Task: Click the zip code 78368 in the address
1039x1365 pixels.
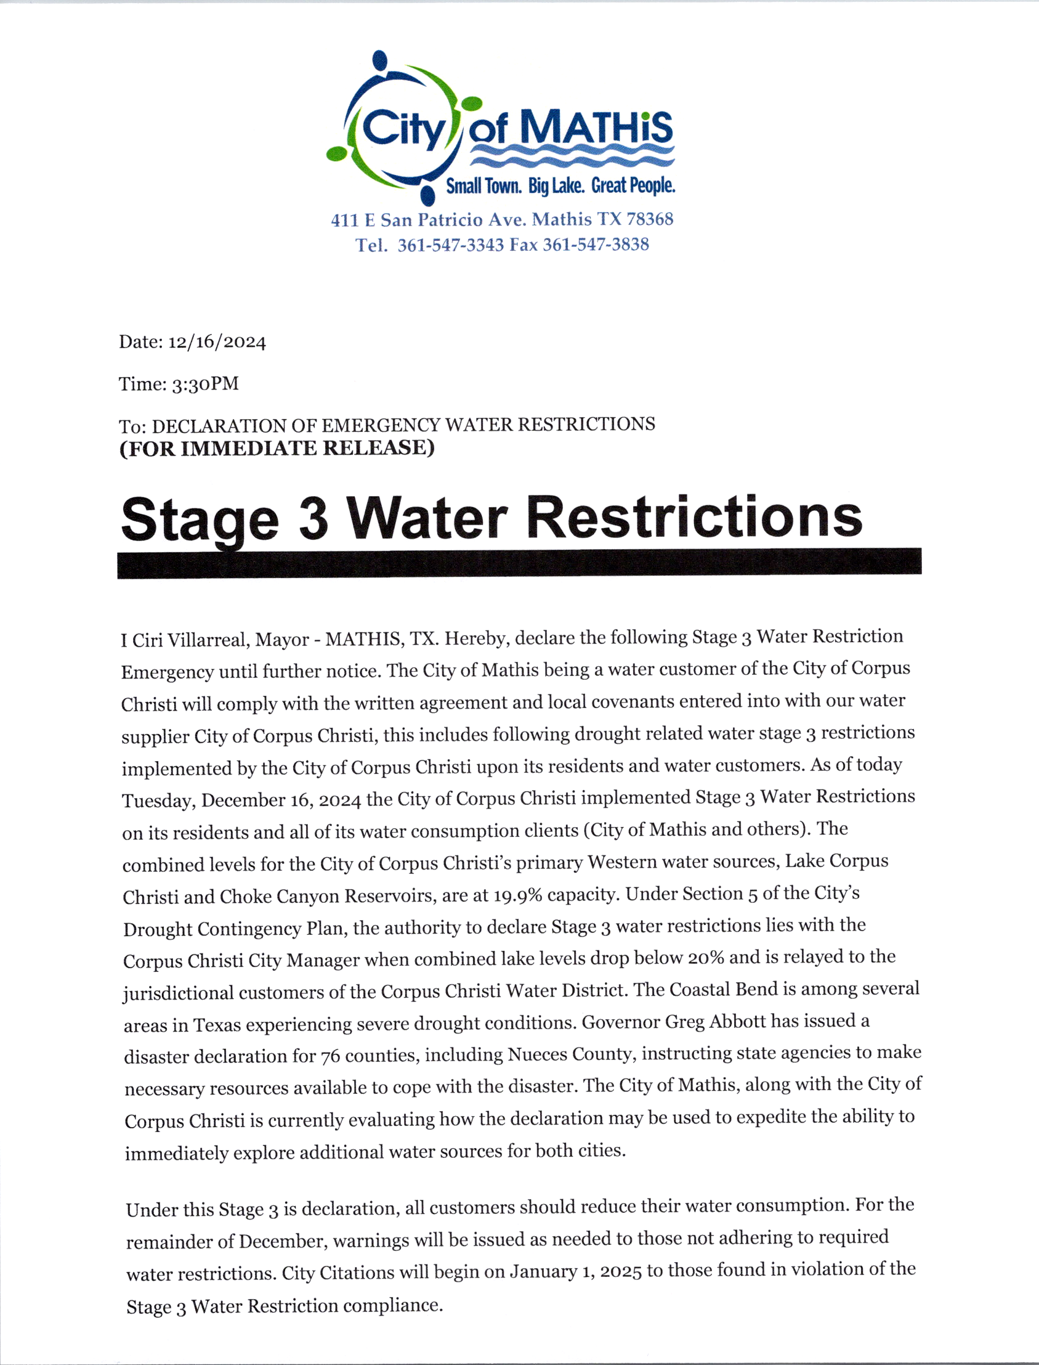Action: [x=649, y=219]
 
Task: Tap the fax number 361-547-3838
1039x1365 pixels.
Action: [x=596, y=245]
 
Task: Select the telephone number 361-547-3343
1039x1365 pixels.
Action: [x=450, y=245]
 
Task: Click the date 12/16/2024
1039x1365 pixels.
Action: [x=217, y=342]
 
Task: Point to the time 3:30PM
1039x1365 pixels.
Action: [x=204, y=385]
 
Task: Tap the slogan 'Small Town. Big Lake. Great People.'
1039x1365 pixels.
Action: [x=560, y=185]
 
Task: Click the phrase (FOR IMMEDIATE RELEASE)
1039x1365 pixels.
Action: [x=277, y=448]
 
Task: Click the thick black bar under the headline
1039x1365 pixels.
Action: [x=520, y=563]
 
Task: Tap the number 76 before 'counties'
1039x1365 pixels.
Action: [x=330, y=1056]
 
